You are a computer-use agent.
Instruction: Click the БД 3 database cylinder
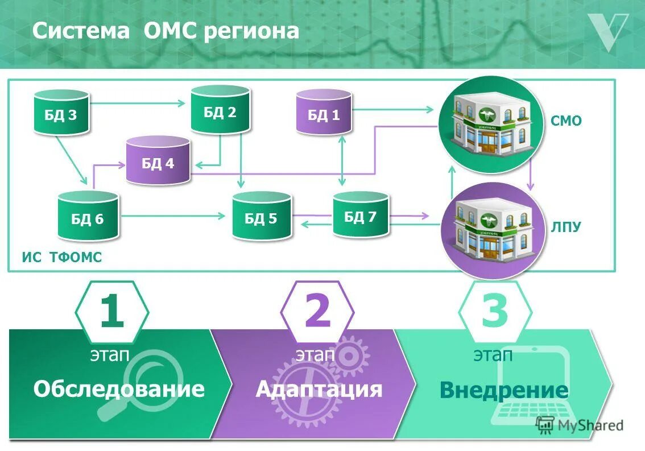61,113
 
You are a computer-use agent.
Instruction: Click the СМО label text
566,121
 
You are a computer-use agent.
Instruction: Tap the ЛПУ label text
565,227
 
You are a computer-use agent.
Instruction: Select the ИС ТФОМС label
62,258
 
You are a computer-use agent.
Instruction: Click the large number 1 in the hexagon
111,312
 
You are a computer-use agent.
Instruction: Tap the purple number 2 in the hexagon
317,312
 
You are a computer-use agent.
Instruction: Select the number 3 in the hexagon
494,312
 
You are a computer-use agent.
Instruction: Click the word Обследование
118,389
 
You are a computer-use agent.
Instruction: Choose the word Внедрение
503,390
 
